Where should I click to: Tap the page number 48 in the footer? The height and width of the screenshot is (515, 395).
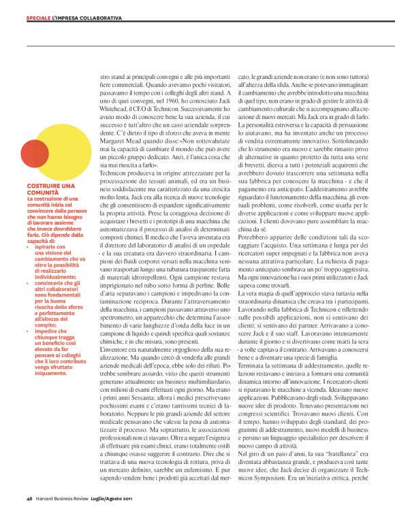tap(29, 499)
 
